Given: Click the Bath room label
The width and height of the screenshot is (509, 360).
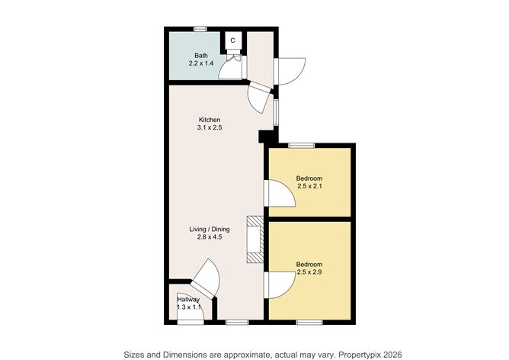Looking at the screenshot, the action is tap(201, 56).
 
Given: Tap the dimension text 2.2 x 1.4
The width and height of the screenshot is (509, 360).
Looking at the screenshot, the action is tap(201, 63).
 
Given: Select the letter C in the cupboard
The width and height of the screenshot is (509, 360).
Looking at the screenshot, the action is tap(232, 40).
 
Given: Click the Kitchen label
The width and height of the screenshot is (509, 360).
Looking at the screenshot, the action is tap(210, 120).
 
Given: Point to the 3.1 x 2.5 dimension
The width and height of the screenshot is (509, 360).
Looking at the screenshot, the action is tap(210, 127).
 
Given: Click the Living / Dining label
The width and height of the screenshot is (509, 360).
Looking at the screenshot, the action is tap(210, 229).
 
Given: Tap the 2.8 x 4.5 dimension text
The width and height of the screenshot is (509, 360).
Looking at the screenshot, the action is tap(210, 237).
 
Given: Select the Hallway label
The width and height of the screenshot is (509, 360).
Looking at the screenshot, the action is tap(188, 299).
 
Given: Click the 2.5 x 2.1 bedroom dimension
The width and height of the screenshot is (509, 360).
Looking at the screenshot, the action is tap(309, 187).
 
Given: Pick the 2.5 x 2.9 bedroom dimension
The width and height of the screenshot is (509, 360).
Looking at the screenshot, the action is tap(309, 272).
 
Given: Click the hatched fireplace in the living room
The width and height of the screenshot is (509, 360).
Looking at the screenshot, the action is tap(255, 239).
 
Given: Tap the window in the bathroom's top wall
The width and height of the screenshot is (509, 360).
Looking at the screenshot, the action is tap(200, 29).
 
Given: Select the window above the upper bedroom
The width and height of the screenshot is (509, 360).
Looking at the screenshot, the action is tap(301, 146).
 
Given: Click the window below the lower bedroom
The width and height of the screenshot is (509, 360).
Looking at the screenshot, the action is tap(309, 323).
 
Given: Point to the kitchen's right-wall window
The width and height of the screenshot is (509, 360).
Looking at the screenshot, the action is tap(276, 112).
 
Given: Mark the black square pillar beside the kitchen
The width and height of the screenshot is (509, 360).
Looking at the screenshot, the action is tap(264, 137).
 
